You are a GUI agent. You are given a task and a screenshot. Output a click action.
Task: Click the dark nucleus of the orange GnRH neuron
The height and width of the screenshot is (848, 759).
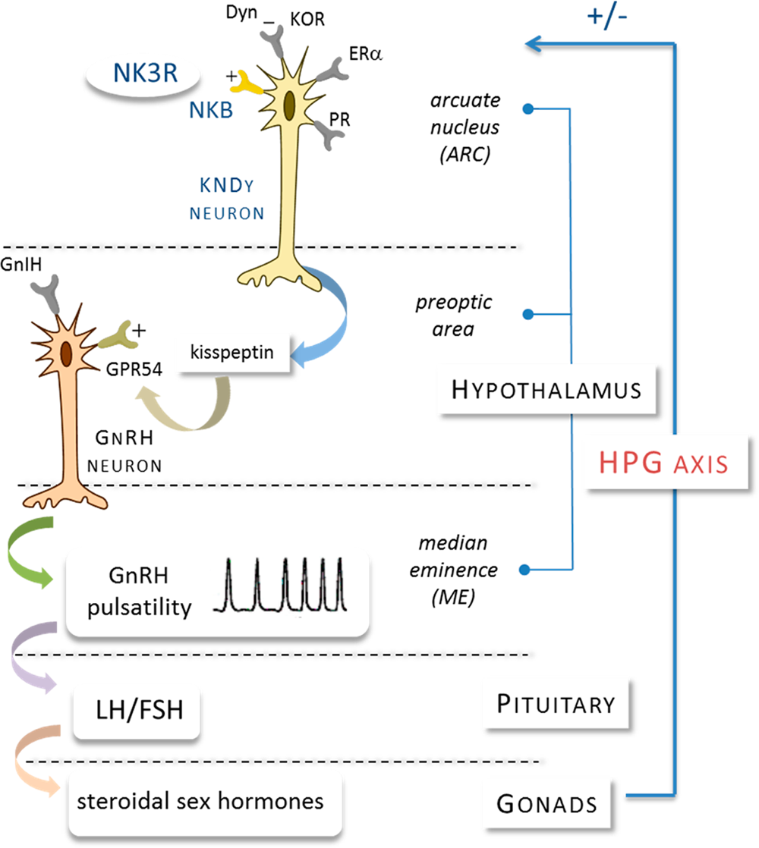pos(67,353)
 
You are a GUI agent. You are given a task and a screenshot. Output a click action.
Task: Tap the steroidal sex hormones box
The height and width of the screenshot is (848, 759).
pos(200,801)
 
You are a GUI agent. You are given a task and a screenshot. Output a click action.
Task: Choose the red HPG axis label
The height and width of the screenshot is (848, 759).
pos(664,462)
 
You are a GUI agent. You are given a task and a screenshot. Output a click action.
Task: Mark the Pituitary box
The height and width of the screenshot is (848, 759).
pos(556,704)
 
